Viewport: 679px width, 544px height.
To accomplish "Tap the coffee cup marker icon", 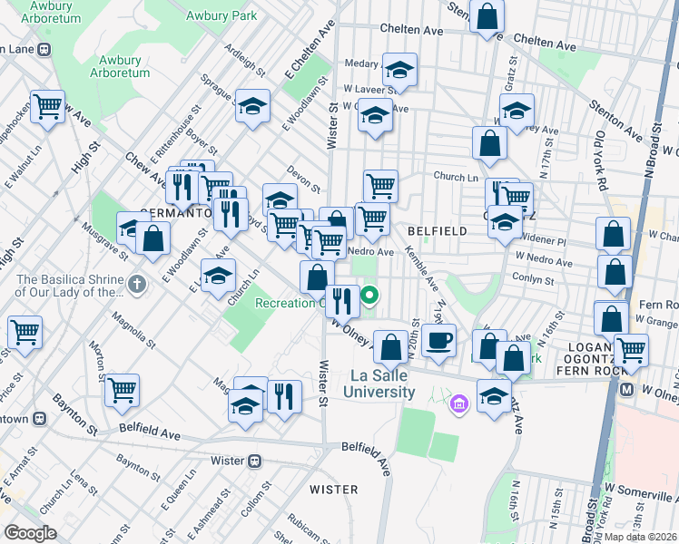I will coord(438,340).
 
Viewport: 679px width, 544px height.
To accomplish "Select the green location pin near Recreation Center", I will coord(370,295).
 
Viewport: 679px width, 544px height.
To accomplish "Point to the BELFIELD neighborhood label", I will coord(437,231).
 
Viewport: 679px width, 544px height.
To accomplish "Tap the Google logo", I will coord(30,533).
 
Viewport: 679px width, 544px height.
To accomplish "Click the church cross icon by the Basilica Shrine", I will coord(136,285).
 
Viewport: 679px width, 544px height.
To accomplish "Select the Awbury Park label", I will coord(221,15).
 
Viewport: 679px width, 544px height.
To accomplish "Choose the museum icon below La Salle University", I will coord(459,403).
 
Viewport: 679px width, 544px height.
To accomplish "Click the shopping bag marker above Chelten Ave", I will coord(487,15).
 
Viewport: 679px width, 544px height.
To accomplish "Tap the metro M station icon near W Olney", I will coord(625,389).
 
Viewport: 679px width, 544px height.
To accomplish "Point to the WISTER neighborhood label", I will coord(333,490).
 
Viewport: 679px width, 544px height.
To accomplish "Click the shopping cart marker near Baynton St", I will coord(122,390).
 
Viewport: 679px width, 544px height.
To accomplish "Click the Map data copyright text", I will coord(640,537).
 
